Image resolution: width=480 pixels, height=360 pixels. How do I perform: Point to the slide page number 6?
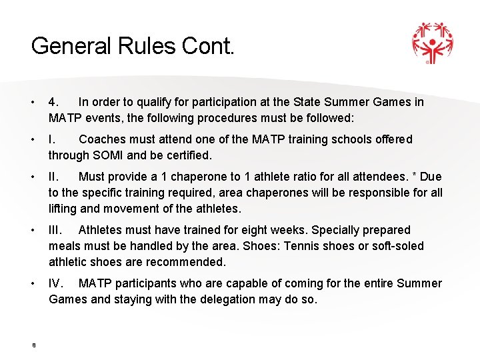tap(33, 345)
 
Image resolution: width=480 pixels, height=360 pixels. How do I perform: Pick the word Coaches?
tap(101, 139)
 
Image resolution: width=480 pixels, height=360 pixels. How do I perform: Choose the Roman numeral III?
tap(57, 230)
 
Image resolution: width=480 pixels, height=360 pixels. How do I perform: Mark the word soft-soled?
tap(396, 246)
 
